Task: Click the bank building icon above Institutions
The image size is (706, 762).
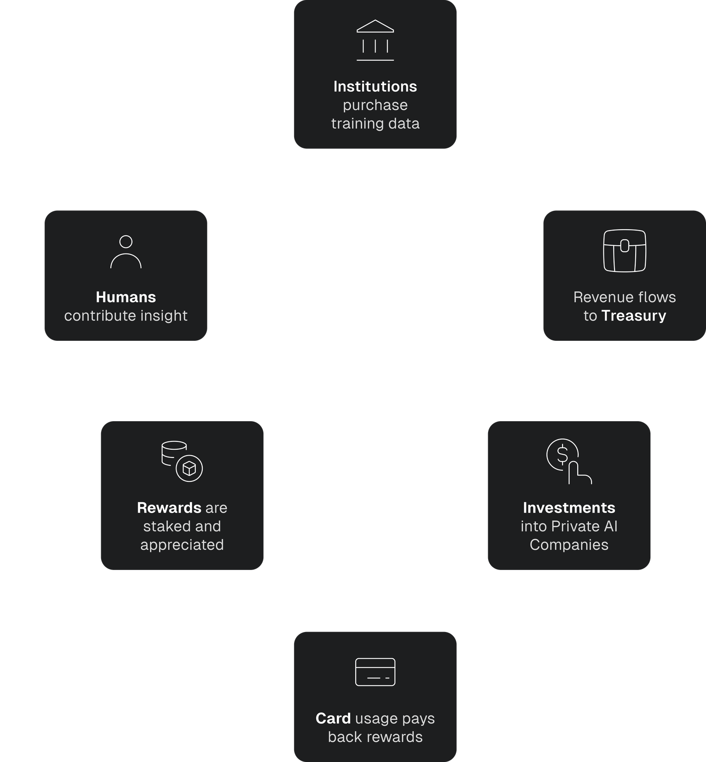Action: (375, 40)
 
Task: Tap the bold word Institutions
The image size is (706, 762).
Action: (375, 86)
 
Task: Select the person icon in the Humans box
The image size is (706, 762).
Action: (125, 252)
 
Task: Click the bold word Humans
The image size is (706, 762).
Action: (125, 297)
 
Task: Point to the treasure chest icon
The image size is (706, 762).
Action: (624, 251)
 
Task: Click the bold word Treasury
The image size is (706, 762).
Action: (633, 316)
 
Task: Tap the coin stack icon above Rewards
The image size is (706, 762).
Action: (182, 462)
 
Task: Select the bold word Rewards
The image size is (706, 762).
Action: (169, 508)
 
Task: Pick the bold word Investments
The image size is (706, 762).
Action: (569, 508)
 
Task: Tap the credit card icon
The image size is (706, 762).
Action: (375, 672)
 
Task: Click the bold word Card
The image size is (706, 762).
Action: (333, 718)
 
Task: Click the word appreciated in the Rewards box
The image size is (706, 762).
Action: (182, 545)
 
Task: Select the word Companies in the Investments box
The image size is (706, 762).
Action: (569, 545)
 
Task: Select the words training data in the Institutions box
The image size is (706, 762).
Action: (375, 124)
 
